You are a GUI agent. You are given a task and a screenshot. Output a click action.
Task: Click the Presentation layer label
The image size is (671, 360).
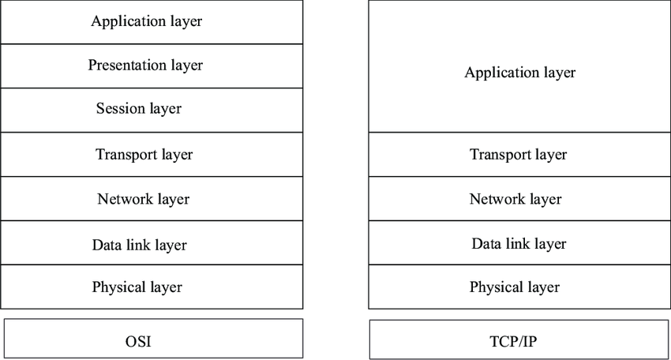click(145, 66)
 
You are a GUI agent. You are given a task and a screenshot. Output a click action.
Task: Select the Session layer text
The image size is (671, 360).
click(139, 109)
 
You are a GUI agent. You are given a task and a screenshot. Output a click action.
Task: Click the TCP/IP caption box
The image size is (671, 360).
click(514, 342)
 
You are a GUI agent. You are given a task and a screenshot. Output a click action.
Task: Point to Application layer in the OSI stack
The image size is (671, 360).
click(147, 21)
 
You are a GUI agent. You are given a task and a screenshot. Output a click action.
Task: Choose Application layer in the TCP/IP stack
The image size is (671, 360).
click(520, 73)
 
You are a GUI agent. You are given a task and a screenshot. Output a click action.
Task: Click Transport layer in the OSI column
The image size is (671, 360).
click(144, 154)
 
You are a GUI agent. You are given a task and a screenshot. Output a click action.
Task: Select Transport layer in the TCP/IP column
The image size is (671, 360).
click(518, 155)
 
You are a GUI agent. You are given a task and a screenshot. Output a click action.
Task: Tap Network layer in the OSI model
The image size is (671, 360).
click(143, 199)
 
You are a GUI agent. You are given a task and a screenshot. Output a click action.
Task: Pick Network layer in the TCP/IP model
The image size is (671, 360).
click(515, 199)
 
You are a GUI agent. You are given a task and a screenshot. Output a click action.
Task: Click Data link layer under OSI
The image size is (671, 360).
click(140, 245)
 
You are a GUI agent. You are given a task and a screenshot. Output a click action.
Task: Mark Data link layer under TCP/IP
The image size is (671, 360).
click(519, 244)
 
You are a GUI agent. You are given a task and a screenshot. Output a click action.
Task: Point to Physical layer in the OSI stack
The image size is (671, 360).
click(137, 287)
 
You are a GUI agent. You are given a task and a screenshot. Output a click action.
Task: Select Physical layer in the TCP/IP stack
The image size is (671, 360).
click(515, 287)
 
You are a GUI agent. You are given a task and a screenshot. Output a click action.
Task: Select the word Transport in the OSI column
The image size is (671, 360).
click(125, 154)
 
